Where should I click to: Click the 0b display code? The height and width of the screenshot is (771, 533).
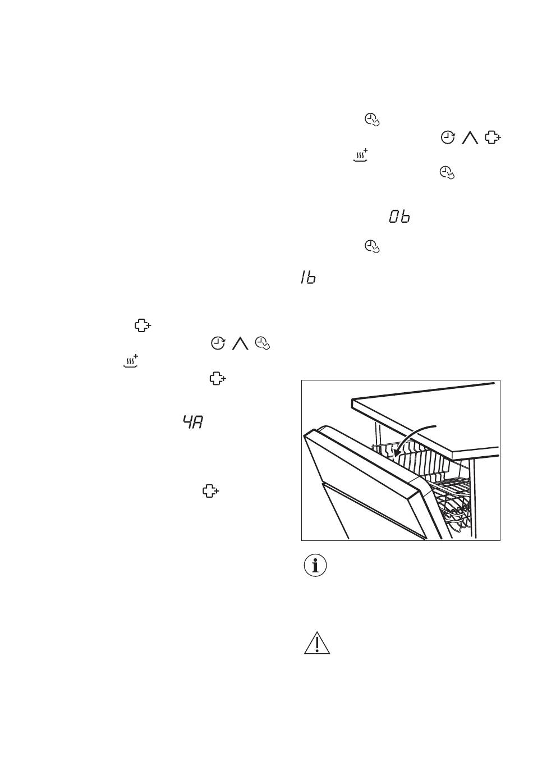pyautogui.click(x=399, y=217)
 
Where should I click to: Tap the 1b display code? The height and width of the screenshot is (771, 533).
pyautogui.click(x=307, y=277)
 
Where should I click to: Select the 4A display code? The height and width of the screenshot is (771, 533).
pyautogui.click(x=192, y=422)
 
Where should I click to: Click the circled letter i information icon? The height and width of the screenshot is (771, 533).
pyautogui.click(x=315, y=566)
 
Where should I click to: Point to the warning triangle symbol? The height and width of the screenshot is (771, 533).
pyautogui.click(x=317, y=643)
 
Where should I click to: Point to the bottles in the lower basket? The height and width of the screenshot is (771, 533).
pyautogui.click(x=454, y=514)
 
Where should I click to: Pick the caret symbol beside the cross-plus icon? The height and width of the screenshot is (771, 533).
pyautogui.click(x=470, y=137)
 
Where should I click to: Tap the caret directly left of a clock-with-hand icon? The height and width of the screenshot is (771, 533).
pyautogui.click(x=240, y=343)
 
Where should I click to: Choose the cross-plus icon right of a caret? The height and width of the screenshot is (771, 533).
pyautogui.click(x=493, y=137)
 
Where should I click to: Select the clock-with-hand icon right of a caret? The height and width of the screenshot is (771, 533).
pyautogui.click(x=263, y=343)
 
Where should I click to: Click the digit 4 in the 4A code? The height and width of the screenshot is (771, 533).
pyautogui.click(x=187, y=422)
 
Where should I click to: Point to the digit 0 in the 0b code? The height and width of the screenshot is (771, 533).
pyautogui.click(x=394, y=217)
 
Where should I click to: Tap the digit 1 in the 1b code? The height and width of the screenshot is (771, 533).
pyautogui.click(x=303, y=277)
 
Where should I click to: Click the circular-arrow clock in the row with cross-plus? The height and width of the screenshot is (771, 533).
pyautogui.click(x=448, y=137)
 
